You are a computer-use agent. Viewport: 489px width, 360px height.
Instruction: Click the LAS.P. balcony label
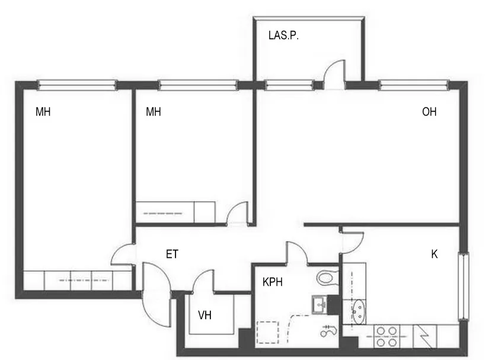pos(283,35)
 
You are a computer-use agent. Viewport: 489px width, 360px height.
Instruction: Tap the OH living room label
pos(429,111)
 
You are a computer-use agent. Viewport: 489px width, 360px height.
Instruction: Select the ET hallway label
pos(172,254)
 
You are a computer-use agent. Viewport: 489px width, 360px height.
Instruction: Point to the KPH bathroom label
pos(273,282)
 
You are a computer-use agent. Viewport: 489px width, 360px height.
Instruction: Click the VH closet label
pos(204,316)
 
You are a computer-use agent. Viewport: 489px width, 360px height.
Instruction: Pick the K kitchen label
pos(434,254)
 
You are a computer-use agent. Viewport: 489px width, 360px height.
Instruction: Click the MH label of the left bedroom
pos(43,111)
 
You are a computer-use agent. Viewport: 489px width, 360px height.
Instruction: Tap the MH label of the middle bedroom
pos(154,111)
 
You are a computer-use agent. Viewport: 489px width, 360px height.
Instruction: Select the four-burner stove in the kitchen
pos(386,337)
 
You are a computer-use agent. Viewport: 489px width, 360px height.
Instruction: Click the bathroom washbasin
pos(319,304)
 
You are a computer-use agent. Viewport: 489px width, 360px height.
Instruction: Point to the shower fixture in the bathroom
pos(329,331)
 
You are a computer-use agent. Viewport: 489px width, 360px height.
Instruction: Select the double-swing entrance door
pos(156,294)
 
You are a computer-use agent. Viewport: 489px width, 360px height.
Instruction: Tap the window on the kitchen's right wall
pos(464,286)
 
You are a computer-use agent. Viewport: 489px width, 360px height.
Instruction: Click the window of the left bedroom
pos(77,85)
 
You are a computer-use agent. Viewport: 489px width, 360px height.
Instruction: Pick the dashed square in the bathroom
pos(267,333)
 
